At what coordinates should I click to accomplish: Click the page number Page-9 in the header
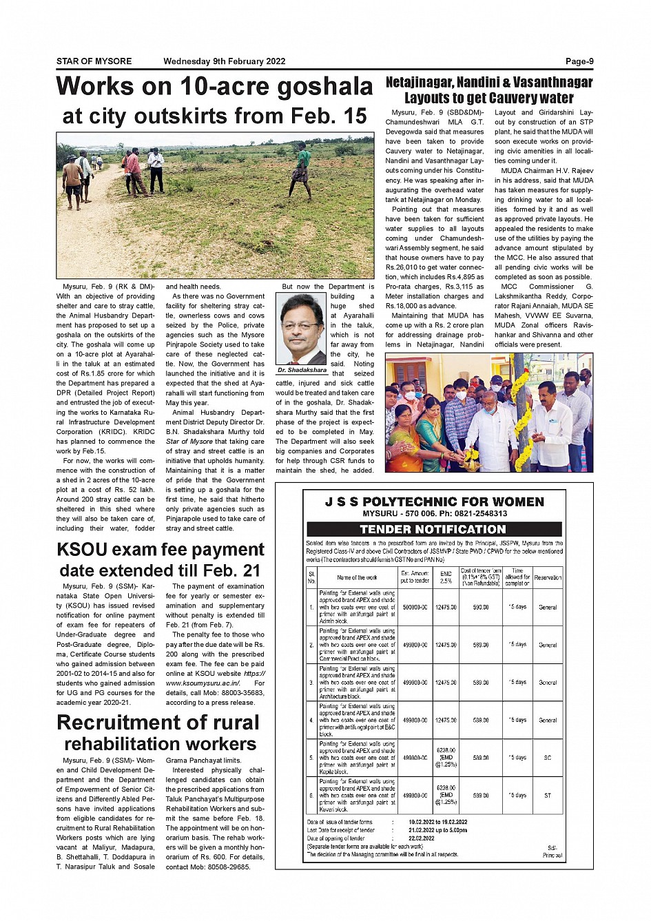579,61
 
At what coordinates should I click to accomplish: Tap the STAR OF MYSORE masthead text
94,61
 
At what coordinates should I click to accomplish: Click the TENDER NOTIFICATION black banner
433,529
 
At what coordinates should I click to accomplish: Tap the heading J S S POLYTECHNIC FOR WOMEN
434,502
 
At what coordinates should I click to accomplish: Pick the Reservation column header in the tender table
548,577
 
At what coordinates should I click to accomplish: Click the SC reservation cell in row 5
548,758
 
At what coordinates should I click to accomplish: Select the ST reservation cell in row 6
548,796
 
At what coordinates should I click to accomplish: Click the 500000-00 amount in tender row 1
415,608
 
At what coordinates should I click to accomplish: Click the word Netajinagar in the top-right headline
423,83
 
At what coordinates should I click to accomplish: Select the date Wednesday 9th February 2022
224,61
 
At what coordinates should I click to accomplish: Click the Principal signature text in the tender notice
552,855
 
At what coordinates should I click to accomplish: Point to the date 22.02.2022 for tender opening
421,838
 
